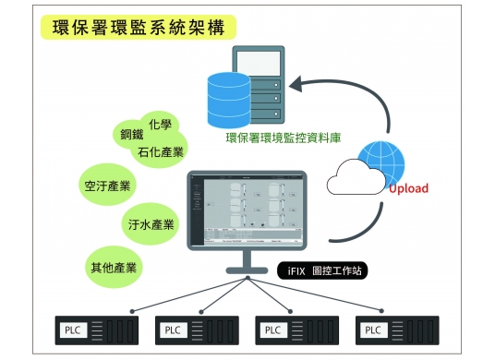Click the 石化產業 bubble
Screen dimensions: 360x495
(x=160, y=151)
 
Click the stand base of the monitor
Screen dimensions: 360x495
(x=247, y=270)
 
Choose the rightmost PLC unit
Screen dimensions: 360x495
(x=398, y=330)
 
